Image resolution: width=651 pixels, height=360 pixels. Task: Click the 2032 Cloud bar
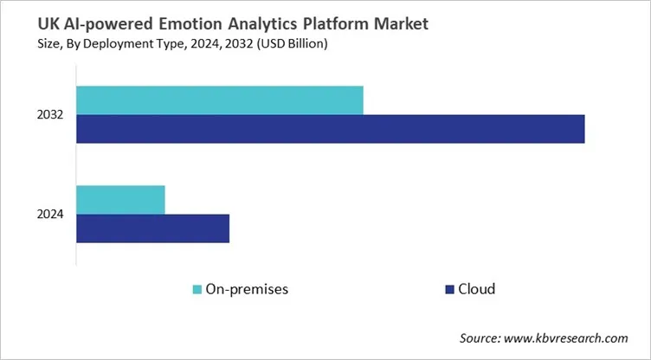coord(330,129)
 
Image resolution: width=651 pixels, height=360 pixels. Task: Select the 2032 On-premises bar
coord(219,100)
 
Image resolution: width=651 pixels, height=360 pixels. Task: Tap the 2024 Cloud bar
coord(152,228)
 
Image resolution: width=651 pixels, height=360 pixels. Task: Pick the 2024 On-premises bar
coord(120,199)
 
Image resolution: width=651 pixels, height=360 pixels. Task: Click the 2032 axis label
coord(48,115)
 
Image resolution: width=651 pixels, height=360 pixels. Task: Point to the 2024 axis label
coord(48,214)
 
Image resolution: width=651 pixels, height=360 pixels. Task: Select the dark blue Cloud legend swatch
coord(450,289)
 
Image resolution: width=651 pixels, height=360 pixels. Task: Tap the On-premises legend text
coord(247,289)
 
